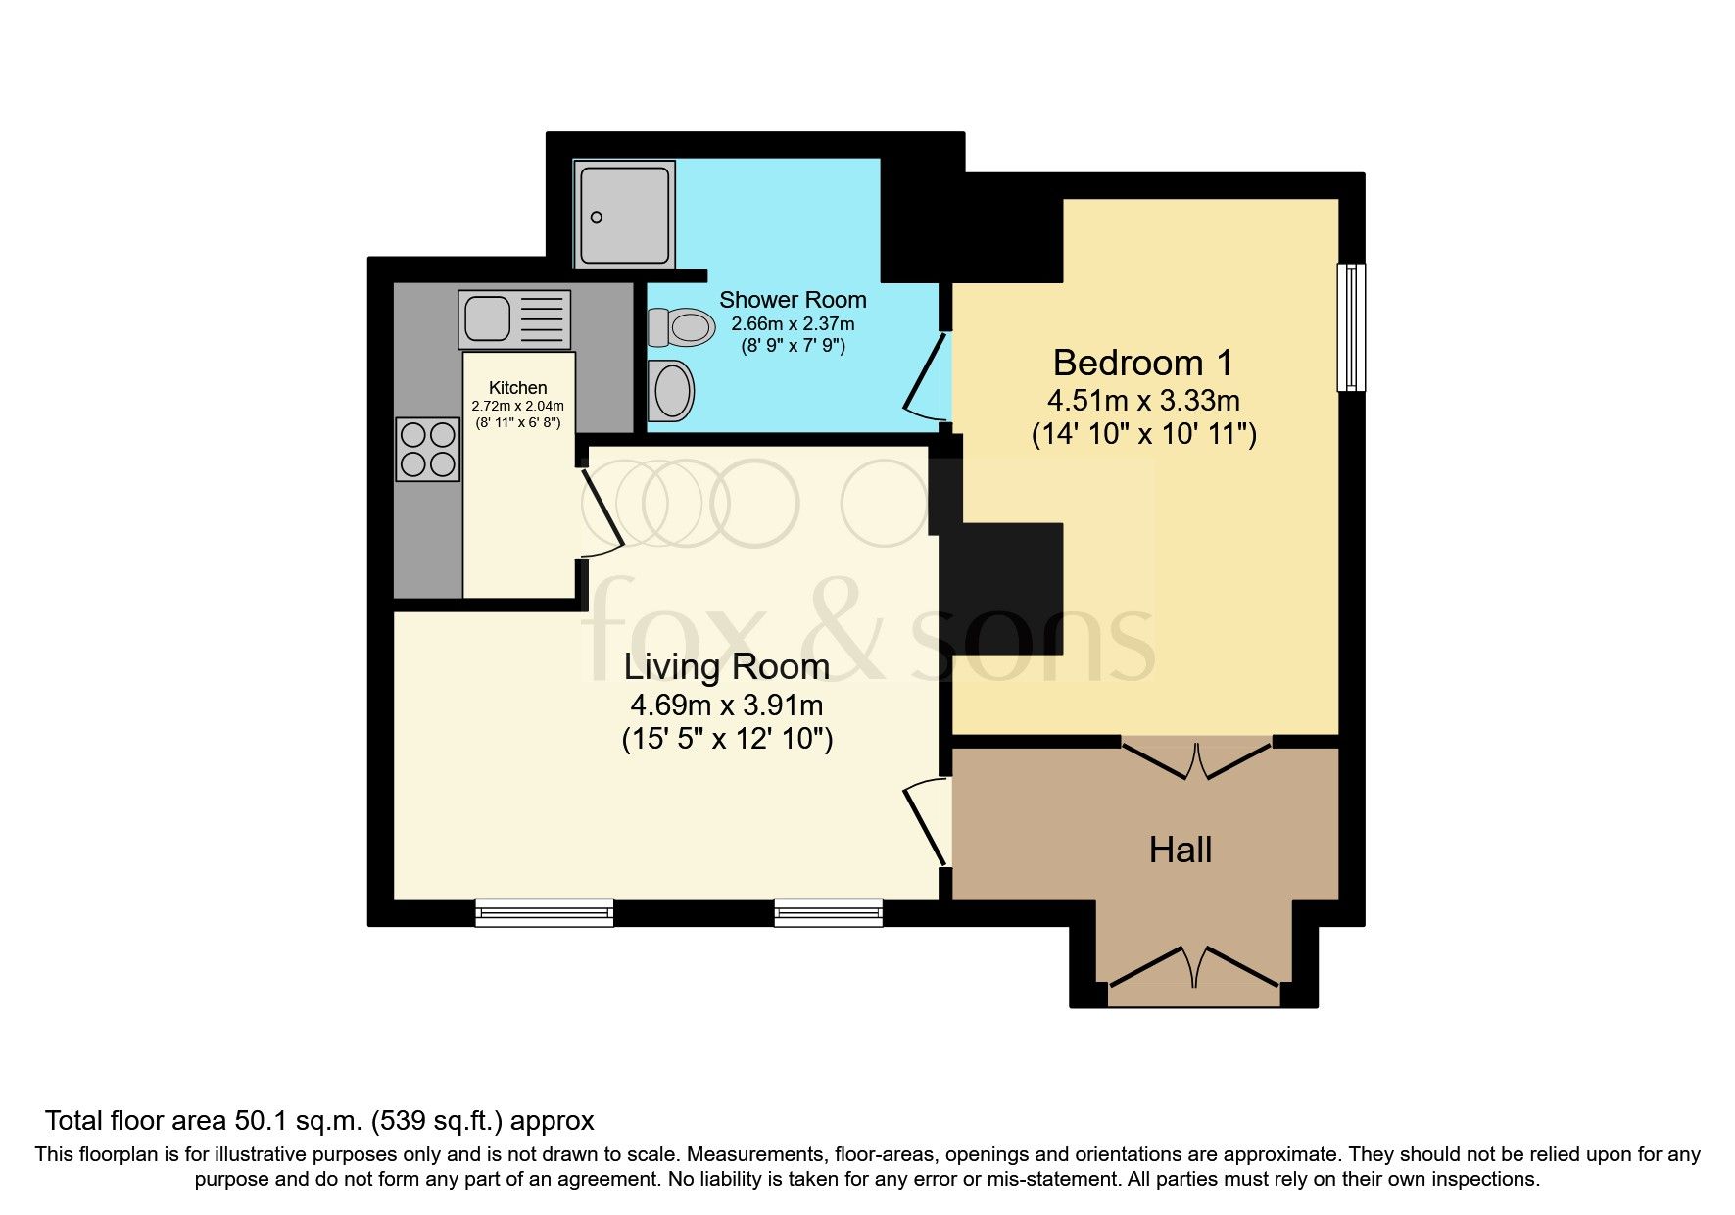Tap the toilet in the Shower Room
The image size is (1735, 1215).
click(x=681, y=327)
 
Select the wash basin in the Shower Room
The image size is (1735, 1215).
click(x=672, y=390)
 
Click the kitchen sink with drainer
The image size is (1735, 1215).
click(x=514, y=319)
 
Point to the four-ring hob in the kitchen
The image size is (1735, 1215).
click(x=427, y=449)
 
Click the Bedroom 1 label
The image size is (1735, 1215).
click(x=1142, y=363)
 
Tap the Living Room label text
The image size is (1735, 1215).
click(x=726, y=667)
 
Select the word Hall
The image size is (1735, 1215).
click(x=1180, y=850)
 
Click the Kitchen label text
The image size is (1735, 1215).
click(x=517, y=388)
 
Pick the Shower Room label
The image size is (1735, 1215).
click(x=793, y=300)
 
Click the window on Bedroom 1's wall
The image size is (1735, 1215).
click(x=1351, y=327)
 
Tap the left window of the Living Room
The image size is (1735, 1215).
click(x=545, y=913)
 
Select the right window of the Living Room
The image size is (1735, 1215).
click(x=828, y=913)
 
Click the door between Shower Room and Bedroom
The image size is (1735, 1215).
click(x=926, y=377)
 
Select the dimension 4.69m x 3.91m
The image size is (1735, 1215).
click(x=726, y=705)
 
